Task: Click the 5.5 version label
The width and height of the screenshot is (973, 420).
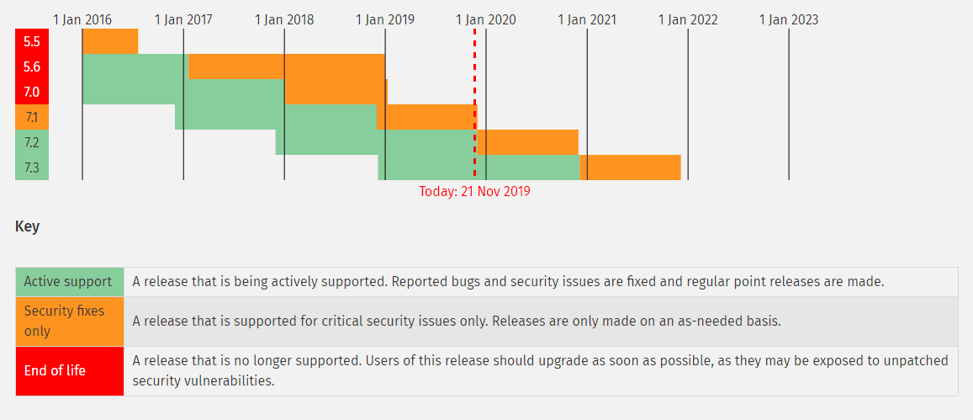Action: click(32, 41)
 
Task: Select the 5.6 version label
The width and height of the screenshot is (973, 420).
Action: click(32, 66)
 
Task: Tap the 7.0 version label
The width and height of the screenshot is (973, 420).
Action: click(32, 92)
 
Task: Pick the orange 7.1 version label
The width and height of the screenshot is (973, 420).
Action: click(32, 117)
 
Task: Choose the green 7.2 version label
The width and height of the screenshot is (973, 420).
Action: click(32, 142)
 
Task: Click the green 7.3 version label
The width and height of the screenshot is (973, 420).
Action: click(32, 167)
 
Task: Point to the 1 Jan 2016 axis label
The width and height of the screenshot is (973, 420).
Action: click(82, 19)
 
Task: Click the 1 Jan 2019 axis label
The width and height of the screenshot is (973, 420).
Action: click(385, 19)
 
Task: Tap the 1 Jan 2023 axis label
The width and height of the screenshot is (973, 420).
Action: click(789, 19)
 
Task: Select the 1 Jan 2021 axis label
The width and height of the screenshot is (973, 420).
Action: click(587, 19)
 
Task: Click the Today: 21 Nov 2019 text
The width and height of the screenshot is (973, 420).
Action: click(474, 191)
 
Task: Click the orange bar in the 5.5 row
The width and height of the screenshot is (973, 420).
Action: click(110, 41)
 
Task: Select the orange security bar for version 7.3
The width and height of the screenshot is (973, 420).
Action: click(630, 167)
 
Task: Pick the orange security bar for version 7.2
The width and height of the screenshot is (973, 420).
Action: click(527, 142)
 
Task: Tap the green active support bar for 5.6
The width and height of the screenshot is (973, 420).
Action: click(135, 66)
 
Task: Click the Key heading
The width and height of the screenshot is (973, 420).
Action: click(27, 226)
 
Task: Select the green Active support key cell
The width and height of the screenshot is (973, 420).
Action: click(69, 282)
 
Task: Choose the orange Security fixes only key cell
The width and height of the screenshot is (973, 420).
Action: click(69, 321)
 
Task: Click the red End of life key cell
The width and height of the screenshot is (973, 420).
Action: click(69, 370)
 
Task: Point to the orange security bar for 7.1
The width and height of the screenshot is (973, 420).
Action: click(426, 117)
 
